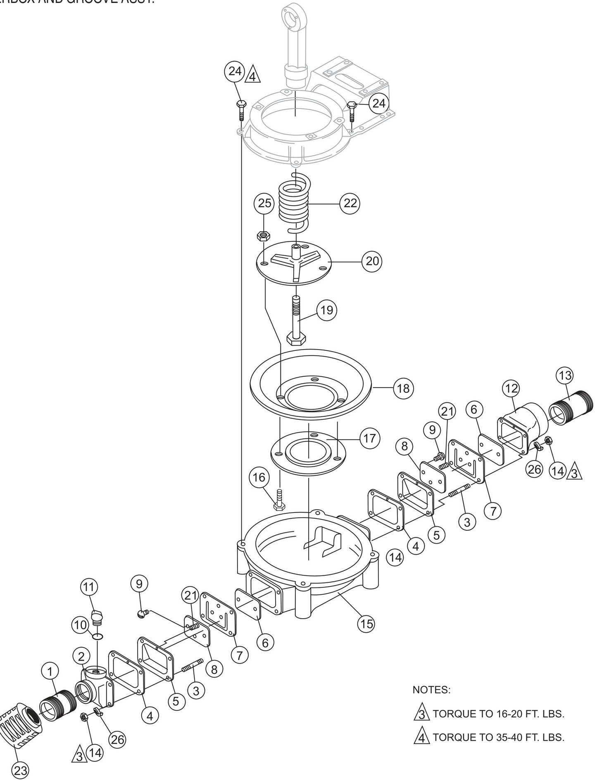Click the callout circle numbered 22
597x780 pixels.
point(350,203)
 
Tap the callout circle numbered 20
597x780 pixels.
point(372,261)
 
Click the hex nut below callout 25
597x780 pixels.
point(263,236)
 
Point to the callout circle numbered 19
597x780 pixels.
point(326,310)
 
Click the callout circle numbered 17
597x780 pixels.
point(369,438)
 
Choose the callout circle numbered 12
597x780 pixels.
point(511,388)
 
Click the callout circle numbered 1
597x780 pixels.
point(50,672)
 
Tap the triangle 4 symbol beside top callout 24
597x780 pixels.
point(253,76)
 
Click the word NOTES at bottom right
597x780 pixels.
point(431,690)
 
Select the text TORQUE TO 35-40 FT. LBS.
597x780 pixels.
point(498,737)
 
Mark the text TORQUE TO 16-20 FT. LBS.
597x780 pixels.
point(498,714)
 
